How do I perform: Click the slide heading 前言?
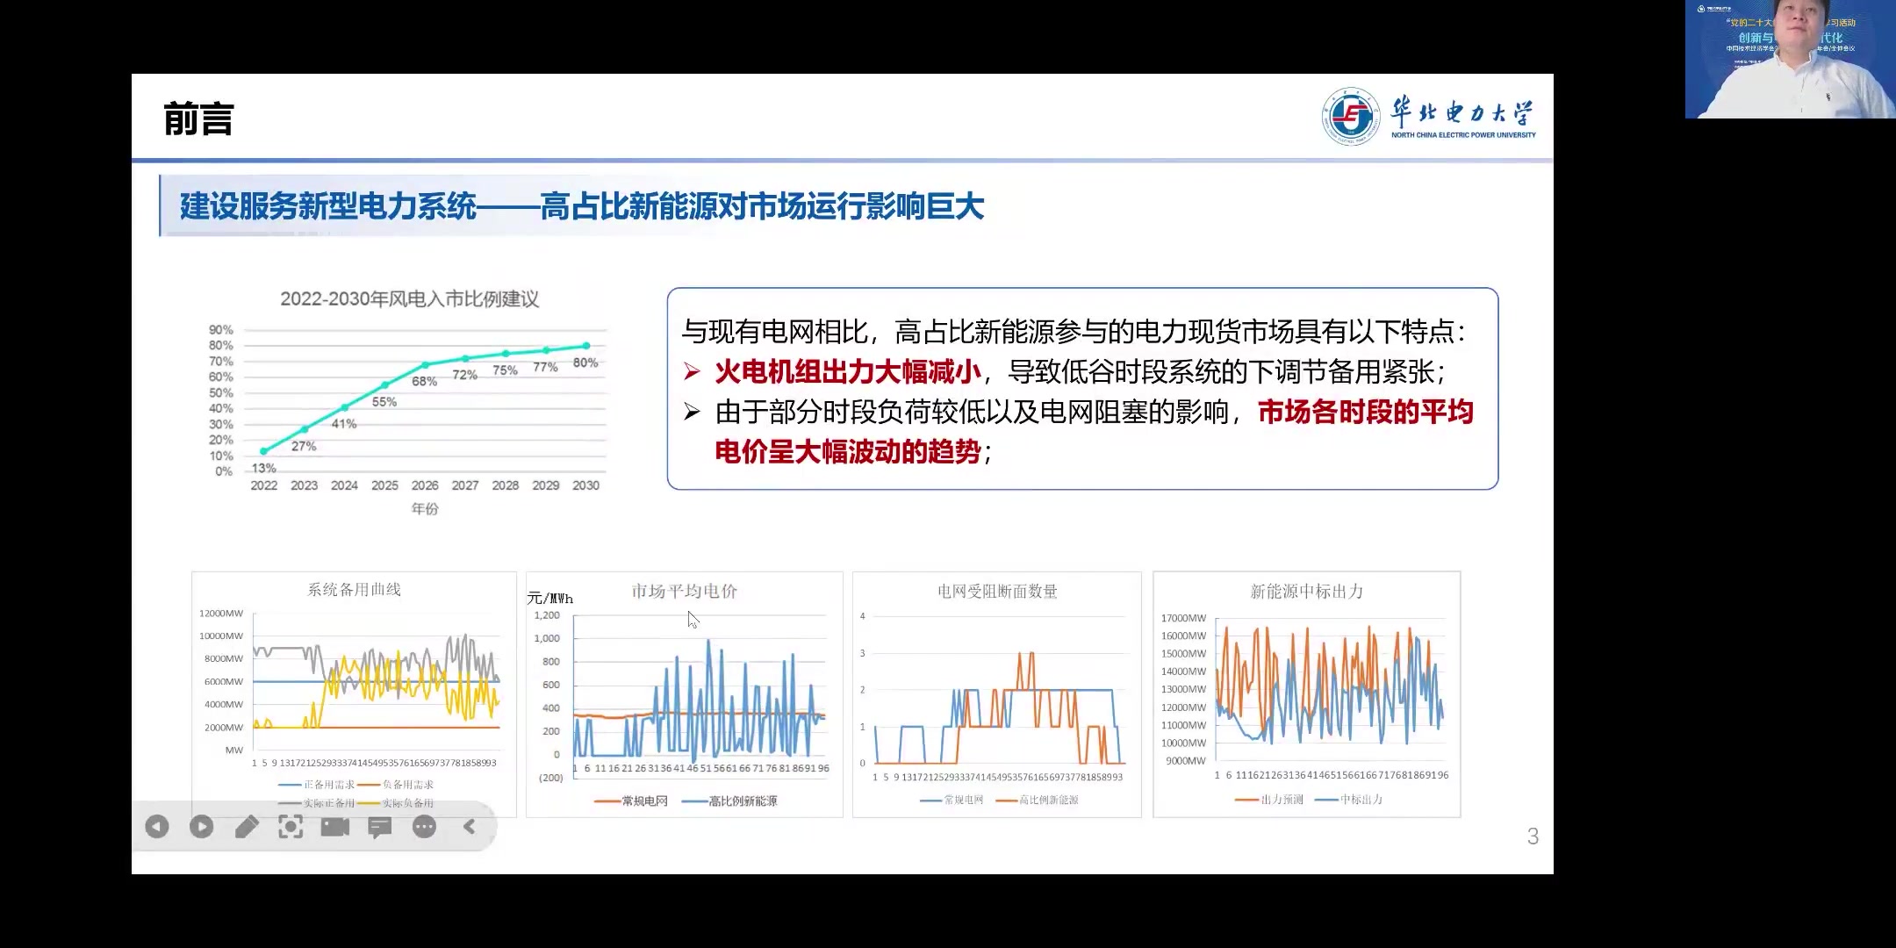point(198,119)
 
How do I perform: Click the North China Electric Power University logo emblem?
point(1351,116)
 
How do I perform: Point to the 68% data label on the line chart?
point(424,382)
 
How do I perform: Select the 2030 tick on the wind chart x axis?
point(585,485)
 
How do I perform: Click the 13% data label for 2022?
point(263,469)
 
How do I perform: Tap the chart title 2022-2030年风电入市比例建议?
point(409,299)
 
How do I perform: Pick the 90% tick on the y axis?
point(221,330)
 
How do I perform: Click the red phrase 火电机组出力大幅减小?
point(848,372)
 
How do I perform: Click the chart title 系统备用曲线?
point(354,590)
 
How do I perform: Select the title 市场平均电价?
point(685,592)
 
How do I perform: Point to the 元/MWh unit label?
point(549,599)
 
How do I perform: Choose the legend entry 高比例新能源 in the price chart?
point(743,801)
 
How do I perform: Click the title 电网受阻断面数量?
point(997,592)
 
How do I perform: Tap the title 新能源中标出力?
point(1306,592)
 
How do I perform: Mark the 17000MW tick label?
point(1183,618)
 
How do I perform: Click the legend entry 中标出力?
point(1361,800)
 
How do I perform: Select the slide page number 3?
point(1533,837)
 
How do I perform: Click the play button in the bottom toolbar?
point(201,827)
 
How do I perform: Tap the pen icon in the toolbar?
point(247,827)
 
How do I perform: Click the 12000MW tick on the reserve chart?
point(221,614)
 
